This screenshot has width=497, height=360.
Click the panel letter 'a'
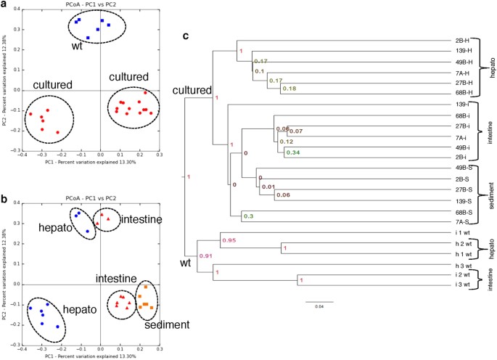click(4, 6)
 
